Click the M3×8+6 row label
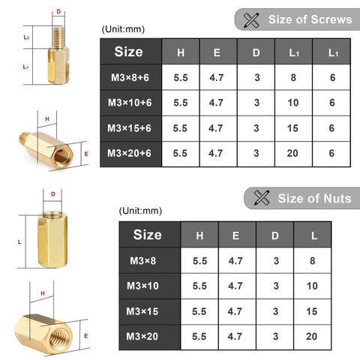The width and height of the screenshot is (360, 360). (x=130, y=76)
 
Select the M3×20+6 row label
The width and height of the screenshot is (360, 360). (x=130, y=153)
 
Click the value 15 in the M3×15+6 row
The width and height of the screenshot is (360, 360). (x=293, y=128)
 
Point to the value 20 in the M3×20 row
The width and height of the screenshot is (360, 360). (x=311, y=336)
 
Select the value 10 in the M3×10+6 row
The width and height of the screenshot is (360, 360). (x=293, y=102)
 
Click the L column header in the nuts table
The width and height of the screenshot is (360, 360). (x=311, y=235)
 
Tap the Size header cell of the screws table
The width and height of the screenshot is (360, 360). (x=129, y=52)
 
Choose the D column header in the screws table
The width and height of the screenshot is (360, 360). (x=256, y=52)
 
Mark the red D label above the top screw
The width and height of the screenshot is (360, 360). (x=58, y=12)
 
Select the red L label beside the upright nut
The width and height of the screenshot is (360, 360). (x=19, y=241)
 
